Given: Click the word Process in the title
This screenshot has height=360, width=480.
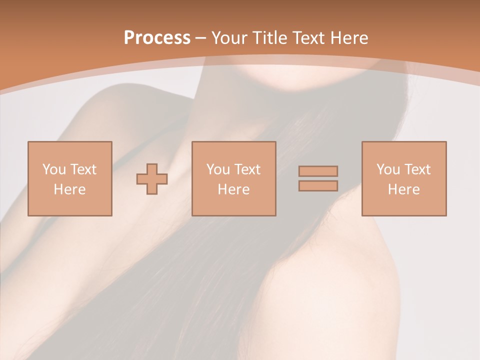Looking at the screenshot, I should (x=157, y=38).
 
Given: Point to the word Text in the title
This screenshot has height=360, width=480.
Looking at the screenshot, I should (x=309, y=38).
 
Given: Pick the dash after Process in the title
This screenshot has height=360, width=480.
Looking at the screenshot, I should (x=201, y=38).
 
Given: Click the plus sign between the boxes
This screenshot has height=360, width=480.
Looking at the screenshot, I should (x=152, y=179).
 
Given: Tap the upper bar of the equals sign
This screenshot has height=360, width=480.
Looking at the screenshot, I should (x=318, y=171).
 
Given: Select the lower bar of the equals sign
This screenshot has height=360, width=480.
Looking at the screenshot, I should (x=318, y=185).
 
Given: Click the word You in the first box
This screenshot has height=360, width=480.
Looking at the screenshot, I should (x=54, y=169).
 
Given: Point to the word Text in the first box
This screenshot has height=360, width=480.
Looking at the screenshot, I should (x=83, y=169).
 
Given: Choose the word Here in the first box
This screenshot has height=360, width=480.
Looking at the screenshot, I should (x=69, y=189).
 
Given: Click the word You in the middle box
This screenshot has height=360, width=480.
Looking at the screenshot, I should (x=218, y=169).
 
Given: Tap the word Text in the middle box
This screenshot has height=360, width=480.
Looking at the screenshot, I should (x=247, y=169).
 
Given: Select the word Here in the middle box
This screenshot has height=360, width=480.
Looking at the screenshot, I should (x=233, y=189).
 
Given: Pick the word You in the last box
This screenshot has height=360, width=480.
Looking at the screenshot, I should (x=388, y=169).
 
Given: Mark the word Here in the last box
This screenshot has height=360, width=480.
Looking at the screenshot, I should (x=403, y=189).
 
